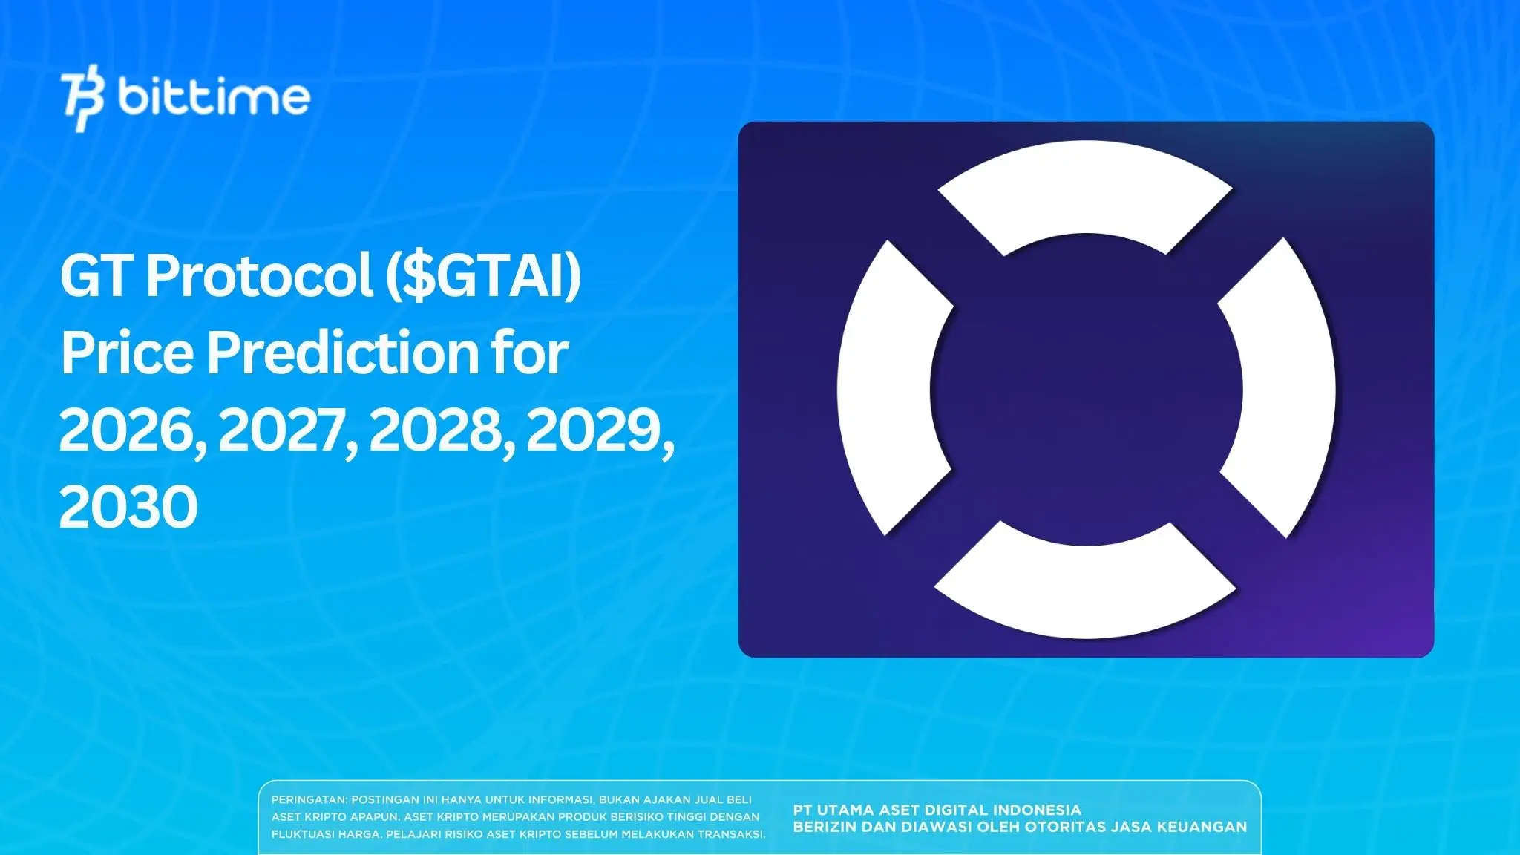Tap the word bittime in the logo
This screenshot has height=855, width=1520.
[x=214, y=97]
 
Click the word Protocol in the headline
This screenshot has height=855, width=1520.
[x=259, y=276]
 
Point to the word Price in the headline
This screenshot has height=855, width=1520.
[x=127, y=353]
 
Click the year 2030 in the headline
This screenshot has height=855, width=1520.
[x=128, y=508]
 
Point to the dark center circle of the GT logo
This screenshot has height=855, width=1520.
[x=1086, y=389]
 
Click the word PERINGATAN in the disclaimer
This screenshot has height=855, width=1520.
[x=309, y=800]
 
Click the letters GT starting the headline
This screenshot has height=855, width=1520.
[x=96, y=276]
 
